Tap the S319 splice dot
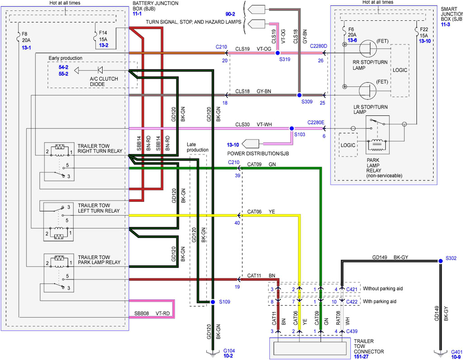pyautogui.click(x=278, y=53)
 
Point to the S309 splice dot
pyautogui.click(x=299, y=95)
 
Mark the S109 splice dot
pyautogui.click(x=212, y=301)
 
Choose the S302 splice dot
pyautogui.click(x=440, y=261)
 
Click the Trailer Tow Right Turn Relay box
pyautogui.click(x=59, y=161)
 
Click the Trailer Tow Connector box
pyautogui.click(x=307, y=348)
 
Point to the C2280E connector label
pyautogui.click(x=316, y=122)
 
